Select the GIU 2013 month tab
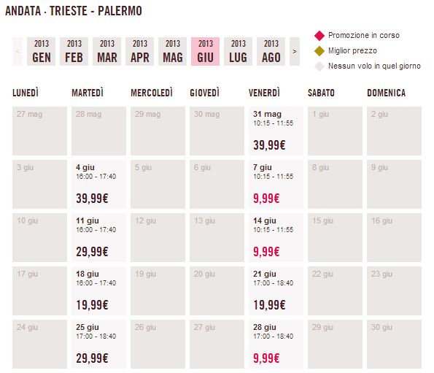[x=205, y=52]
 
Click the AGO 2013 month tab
[x=271, y=52]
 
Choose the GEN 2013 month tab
[x=42, y=52]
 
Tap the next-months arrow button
[x=295, y=52]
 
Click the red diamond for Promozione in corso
[x=319, y=36]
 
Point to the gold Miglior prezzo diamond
[x=319, y=51]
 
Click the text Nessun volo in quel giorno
[x=374, y=66]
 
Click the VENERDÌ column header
[x=264, y=93]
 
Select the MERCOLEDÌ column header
[x=152, y=93]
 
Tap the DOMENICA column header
[x=386, y=93]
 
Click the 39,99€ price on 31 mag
[x=269, y=145]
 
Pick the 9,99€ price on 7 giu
[x=266, y=199]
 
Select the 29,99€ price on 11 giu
[x=92, y=252]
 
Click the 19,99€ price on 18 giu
[x=92, y=305]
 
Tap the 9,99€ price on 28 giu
[x=266, y=358]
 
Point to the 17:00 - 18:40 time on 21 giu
[x=274, y=283]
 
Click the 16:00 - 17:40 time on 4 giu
[x=96, y=177]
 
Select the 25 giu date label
[x=88, y=327]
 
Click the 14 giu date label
[x=265, y=220]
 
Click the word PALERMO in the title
[x=120, y=11]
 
